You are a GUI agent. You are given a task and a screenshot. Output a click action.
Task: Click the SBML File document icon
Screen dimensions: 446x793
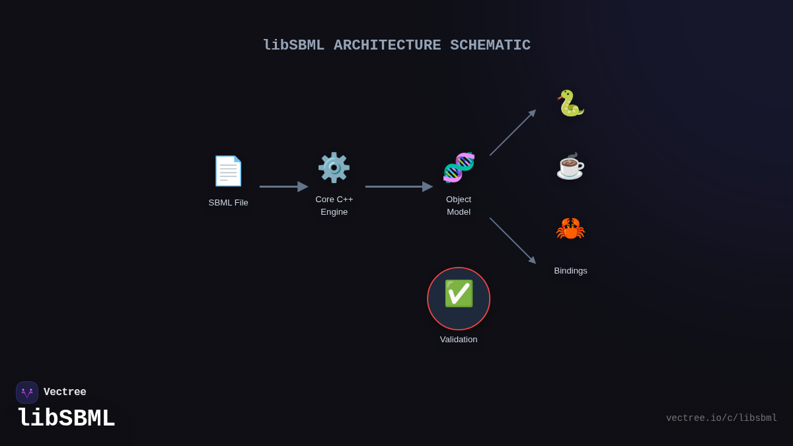tap(228, 171)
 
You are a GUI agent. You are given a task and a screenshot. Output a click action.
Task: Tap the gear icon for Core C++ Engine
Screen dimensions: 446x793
tap(334, 167)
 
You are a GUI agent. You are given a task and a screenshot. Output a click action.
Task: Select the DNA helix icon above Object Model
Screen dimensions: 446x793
tap(459, 167)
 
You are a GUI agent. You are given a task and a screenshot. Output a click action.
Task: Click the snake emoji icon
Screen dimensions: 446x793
tap(570, 103)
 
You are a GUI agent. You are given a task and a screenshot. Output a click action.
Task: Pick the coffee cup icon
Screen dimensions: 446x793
tap(570, 166)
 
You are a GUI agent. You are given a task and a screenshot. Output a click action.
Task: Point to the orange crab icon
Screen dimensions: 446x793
tap(570, 229)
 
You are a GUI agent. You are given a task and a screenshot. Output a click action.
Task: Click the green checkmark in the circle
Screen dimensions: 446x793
tap(459, 293)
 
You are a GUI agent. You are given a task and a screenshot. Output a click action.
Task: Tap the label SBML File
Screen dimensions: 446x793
tap(229, 203)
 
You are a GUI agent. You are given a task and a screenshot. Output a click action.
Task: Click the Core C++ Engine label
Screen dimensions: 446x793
tap(334, 205)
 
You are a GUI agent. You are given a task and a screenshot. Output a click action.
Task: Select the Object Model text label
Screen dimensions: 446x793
tap(459, 205)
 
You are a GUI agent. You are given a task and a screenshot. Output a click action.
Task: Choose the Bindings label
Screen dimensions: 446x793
tap(570, 271)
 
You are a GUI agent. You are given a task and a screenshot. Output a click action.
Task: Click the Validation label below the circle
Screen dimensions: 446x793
tap(459, 340)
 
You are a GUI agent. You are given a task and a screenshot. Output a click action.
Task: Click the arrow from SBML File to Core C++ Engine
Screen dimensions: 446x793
tap(283, 186)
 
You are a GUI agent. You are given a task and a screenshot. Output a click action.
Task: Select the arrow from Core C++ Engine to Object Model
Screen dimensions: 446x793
tap(398, 186)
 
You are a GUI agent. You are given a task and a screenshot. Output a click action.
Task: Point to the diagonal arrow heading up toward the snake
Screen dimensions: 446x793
tap(512, 133)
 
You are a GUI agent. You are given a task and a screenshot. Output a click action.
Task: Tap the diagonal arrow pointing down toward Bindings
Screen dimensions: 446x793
tap(512, 241)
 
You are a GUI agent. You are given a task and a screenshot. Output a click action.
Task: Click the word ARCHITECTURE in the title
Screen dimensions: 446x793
tap(387, 46)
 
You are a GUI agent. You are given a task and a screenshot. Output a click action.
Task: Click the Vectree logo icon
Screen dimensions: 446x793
tap(27, 392)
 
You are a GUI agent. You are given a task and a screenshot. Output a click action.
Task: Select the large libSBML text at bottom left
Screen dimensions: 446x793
tap(66, 419)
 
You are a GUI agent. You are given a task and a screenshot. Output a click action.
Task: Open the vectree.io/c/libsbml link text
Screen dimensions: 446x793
tap(721, 418)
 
